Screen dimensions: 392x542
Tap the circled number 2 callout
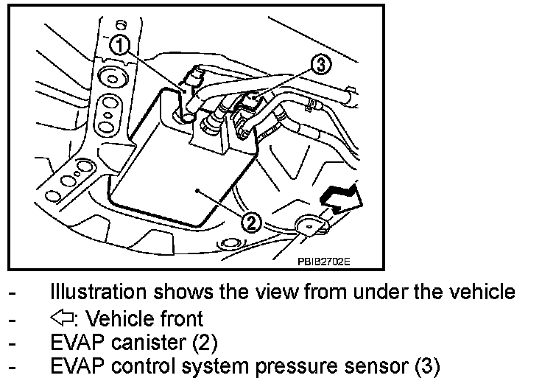click(x=251, y=220)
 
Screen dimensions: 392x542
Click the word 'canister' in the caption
click(x=146, y=343)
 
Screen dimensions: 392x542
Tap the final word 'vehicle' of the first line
click(x=479, y=293)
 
